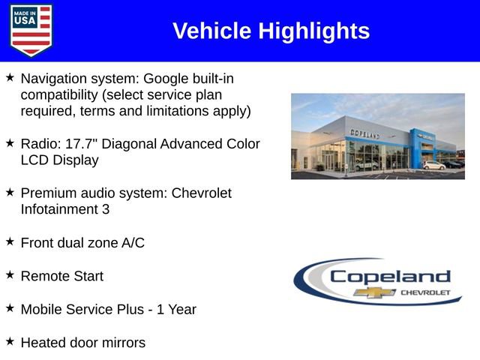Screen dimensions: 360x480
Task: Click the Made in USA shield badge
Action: click(31, 29)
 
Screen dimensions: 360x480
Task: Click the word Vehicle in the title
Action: click(212, 31)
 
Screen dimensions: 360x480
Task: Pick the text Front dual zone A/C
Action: click(82, 242)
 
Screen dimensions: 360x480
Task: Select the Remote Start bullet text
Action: click(62, 276)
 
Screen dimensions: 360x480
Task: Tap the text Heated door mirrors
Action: click(83, 342)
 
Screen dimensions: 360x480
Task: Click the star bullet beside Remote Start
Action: click(10, 274)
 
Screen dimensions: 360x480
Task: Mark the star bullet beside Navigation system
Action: click(10, 76)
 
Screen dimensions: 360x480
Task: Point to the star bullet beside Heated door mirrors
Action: click(10, 340)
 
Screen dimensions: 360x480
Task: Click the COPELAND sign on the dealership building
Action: click(364, 133)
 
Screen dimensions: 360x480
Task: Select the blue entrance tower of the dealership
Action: click(417, 148)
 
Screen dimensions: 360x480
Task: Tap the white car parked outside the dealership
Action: click(433, 164)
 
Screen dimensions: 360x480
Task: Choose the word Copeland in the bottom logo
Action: click(390, 276)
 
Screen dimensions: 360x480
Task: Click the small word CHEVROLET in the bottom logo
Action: click(425, 292)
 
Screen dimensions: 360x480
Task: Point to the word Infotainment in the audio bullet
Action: click(57, 209)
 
